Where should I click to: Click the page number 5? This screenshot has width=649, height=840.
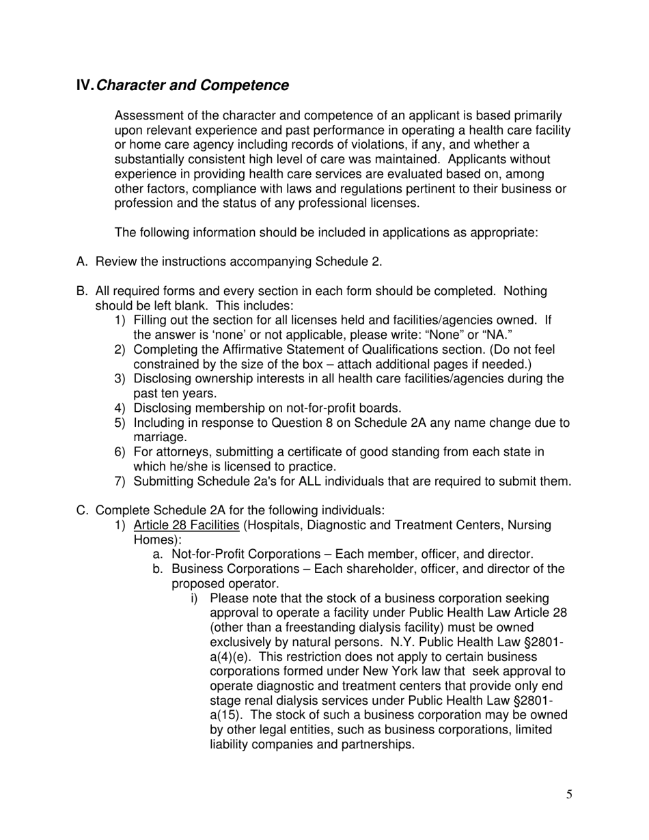coord(569,794)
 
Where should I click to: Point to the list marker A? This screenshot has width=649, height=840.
coord(82,262)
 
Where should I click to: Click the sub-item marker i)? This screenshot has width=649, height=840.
coord(195,598)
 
